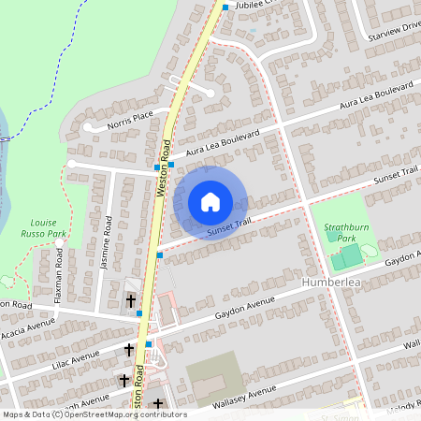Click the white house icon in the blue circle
210,201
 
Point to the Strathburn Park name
347,232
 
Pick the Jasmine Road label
106,244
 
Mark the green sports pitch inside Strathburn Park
347,255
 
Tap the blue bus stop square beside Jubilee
225,7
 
